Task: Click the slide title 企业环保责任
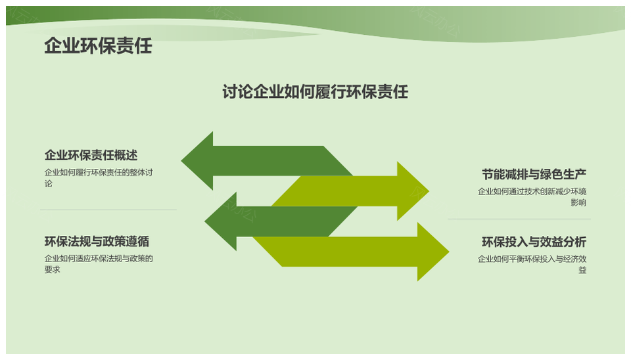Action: pos(98,46)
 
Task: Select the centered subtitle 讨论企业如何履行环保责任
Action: pos(315,92)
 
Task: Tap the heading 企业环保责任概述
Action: pos(91,155)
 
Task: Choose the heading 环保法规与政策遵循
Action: pos(97,241)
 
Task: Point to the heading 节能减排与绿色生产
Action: pos(534,174)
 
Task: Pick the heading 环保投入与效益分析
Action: pos(534,242)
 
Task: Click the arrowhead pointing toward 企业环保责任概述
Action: pos(197,160)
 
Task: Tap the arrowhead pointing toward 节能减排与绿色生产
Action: pos(413,191)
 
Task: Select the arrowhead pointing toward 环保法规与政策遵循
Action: pos(221,221)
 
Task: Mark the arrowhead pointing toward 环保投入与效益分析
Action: pos(433,252)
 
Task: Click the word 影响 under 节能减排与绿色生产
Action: pos(578,203)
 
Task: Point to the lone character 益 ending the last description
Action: pos(582,270)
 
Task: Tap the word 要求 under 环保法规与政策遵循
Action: pos(53,269)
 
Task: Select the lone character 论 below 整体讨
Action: pos(48,184)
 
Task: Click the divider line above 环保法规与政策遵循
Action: pos(108,210)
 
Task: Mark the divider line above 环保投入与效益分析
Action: pos(519,219)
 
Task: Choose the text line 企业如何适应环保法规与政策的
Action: pos(99,258)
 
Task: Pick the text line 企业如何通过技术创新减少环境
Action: pos(532,191)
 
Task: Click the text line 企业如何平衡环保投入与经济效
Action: pos(532,259)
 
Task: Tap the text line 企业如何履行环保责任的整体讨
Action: pos(99,173)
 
